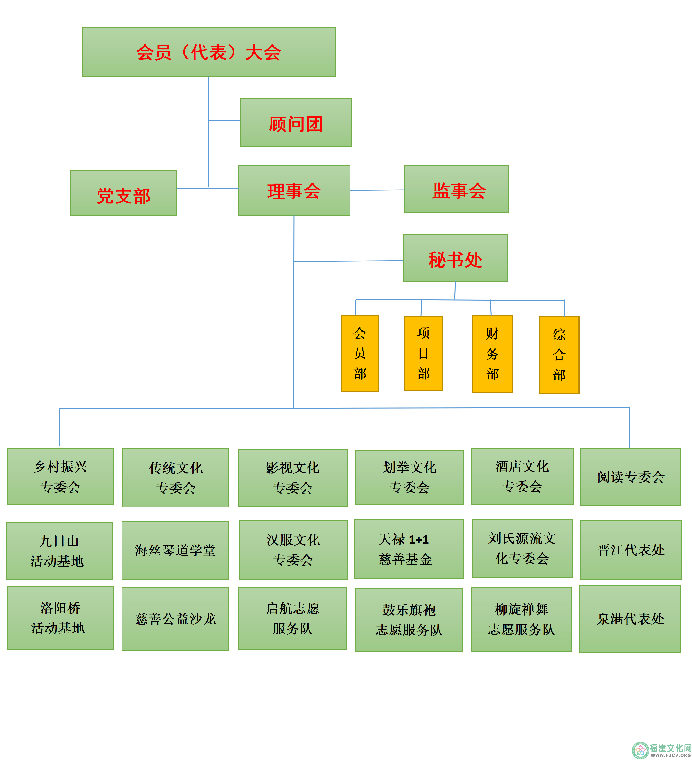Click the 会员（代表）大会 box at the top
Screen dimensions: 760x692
click(208, 52)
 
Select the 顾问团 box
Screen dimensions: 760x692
click(296, 123)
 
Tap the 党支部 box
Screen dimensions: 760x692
click(123, 193)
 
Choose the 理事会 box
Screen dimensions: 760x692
click(294, 191)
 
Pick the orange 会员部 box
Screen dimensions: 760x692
click(360, 354)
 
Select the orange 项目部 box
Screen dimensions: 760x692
click(423, 354)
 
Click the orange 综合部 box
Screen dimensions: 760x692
click(559, 355)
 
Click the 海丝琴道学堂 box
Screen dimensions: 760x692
click(175, 550)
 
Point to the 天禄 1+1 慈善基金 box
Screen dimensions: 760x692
click(409, 549)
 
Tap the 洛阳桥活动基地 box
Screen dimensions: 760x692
click(60, 618)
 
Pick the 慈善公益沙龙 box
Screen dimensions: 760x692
click(175, 619)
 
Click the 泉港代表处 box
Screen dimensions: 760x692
click(630, 619)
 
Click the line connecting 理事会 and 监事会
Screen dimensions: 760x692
click(377, 190)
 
